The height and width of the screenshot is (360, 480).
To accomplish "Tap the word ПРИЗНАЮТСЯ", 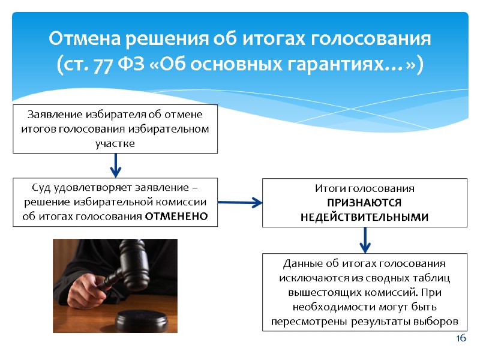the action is coord(365,203).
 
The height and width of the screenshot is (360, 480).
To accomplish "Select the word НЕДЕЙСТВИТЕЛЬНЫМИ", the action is coord(365,217).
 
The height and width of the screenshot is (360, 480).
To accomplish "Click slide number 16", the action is coord(461,338).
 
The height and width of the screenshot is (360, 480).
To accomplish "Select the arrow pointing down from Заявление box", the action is coord(115,163).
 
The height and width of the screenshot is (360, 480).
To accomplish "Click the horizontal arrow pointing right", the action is coord(240,203).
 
